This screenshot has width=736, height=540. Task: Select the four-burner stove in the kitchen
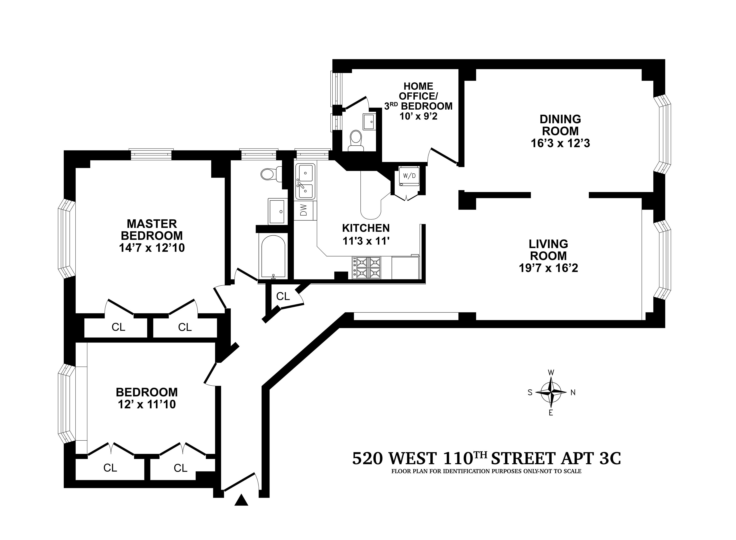pos(366,268)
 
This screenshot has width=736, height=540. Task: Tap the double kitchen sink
pos(305,181)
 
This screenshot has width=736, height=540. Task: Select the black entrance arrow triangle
pos(241,500)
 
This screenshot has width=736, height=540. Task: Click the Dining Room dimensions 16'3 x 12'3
pos(560,143)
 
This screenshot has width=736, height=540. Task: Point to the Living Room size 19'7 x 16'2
pos(548,268)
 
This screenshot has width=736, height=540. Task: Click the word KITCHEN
pos(366,228)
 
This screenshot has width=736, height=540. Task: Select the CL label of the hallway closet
pos(283,296)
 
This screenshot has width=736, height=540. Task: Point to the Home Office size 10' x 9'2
pos(418,116)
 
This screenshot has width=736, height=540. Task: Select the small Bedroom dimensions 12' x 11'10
pos(147,404)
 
